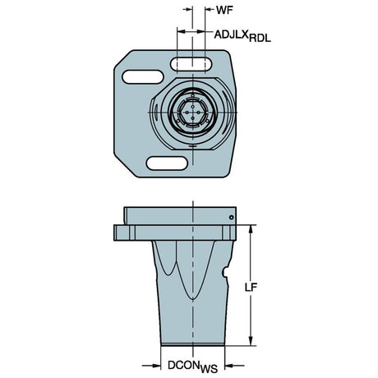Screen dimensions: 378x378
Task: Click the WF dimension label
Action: (x=224, y=10)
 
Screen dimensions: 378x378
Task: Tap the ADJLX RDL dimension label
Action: (x=242, y=36)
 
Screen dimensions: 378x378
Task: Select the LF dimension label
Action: (x=251, y=287)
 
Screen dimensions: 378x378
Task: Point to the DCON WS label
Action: (x=192, y=367)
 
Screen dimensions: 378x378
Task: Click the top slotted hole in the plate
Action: (x=191, y=65)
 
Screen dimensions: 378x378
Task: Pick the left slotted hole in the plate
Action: (x=143, y=77)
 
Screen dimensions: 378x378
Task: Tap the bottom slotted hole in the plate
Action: (x=167, y=164)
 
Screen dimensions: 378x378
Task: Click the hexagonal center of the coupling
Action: (x=192, y=113)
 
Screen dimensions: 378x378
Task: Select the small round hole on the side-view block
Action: (x=232, y=217)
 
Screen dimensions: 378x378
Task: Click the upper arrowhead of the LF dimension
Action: (x=250, y=229)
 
